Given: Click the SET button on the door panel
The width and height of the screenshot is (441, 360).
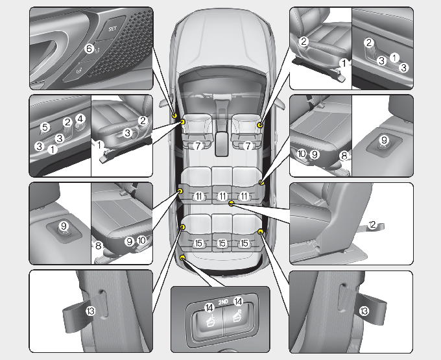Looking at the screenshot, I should click(112, 29).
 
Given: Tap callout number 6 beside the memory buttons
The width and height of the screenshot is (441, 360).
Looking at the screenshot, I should click(89, 48).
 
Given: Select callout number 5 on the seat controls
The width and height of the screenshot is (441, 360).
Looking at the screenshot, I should click(45, 126).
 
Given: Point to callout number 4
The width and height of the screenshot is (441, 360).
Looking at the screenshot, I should click(80, 119).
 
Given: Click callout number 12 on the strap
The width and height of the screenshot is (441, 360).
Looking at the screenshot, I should click(372, 224).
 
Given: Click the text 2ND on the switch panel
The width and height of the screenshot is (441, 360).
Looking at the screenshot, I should click(222, 303).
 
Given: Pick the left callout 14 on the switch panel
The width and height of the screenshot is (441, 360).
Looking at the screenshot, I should click(209, 308).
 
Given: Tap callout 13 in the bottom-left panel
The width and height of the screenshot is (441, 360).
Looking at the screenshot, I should click(90, 311).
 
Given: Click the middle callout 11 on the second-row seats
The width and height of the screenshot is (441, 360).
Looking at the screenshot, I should click(222, 196).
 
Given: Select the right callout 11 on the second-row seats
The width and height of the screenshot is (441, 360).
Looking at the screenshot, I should click(244, 196).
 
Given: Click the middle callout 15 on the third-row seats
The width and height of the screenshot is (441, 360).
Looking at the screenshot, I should click(222, 243).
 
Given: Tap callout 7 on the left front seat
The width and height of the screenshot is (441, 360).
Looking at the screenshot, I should click(198, 147).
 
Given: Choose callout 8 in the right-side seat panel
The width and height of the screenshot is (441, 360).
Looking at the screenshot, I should click(344, 155).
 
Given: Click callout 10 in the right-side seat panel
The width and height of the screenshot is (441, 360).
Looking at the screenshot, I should click(302, 154).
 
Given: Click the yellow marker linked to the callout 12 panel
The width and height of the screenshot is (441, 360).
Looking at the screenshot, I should click(232, 203).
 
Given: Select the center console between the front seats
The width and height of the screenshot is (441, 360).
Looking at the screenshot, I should click(222, 139).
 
